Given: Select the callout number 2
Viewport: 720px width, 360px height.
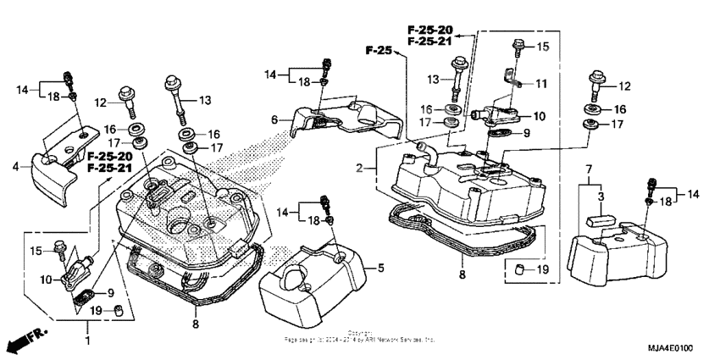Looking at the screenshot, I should [360, 169].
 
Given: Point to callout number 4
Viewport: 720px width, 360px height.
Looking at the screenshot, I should [15, 167].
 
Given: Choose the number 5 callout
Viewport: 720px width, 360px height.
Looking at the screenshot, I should [380, 268].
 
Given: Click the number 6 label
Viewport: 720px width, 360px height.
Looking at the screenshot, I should [274, 121].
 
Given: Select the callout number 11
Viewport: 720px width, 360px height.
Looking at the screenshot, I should [540, 84].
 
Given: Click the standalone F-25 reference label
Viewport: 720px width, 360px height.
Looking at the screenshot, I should [379, 52].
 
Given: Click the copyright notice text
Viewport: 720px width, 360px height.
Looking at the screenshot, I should [359, 336].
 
